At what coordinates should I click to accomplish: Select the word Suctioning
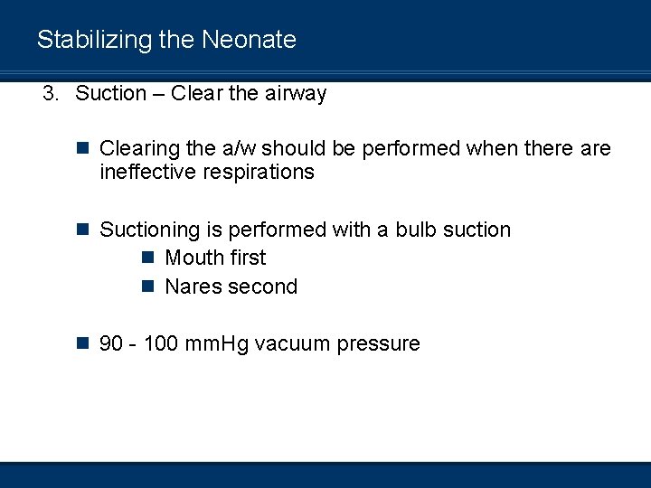[x=149, y=230]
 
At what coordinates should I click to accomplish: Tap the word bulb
[x=417, y=230]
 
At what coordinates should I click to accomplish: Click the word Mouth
[x=193, y=258]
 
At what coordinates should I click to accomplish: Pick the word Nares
[x=193, y=286]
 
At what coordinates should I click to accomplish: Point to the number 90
[x=111, y=343]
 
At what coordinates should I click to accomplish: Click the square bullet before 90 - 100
[x=81, y=343]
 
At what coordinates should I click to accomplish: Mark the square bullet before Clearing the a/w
[x=81, y=148]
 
